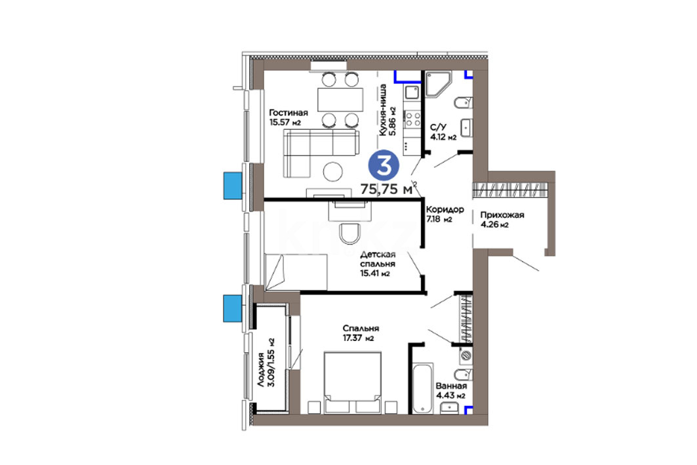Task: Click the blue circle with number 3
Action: coord(384,165)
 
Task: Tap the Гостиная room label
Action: coord(288,113)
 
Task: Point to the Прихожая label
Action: coord(502,214)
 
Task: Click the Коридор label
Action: coord(445,209)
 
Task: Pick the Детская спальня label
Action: coord(378,259)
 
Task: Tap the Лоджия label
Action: coord(262,369)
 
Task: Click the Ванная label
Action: coord(451,386)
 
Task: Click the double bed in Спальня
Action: coord(353,383)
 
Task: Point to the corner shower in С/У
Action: coord(438,84)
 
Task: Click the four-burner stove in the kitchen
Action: coord(412,119)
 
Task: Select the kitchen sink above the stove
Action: coord(412,92)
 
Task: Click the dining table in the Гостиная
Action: coord(340,100)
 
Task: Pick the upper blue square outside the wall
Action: coord(233,186)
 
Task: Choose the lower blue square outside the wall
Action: coord(233,308)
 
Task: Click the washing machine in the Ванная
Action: coord(466,355)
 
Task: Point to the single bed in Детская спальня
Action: coord(296,272)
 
